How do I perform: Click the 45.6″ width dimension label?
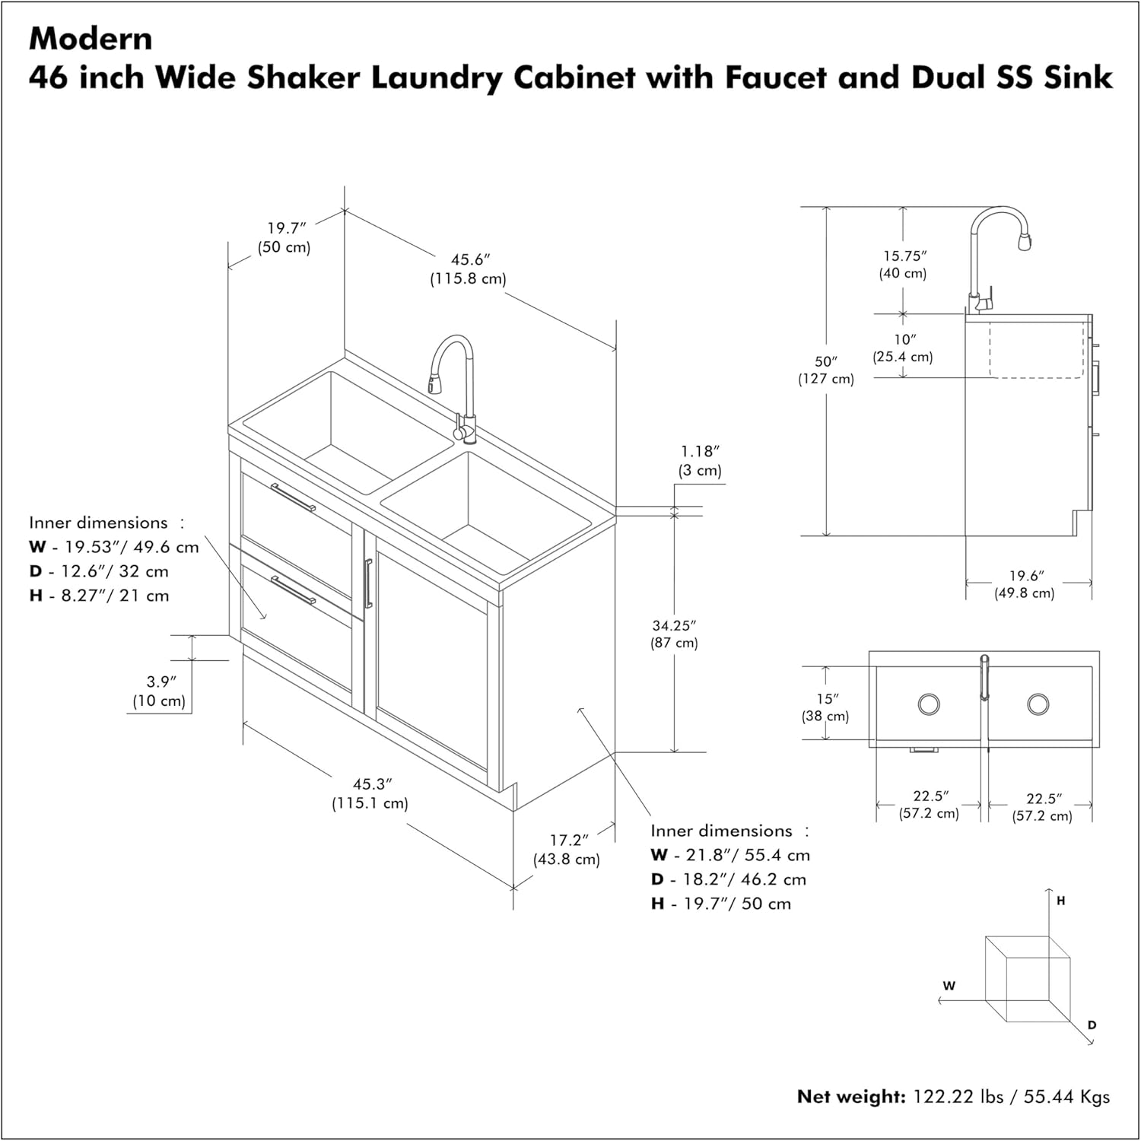click(469, 269)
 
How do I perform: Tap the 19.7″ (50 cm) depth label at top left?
click(284, 237)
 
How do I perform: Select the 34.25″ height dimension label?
click(674, 634)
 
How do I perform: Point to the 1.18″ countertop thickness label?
click(700, 461)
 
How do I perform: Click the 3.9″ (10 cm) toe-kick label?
click(159, 691)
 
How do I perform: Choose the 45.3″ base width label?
click(370, 793)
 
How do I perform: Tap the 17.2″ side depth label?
click(567, 850)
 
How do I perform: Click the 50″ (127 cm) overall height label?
click(826, 370)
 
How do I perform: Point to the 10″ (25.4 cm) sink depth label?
click(903, 348)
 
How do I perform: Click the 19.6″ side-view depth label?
click(1025, 584)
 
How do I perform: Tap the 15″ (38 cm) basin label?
click(825, 707)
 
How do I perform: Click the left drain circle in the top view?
click(929, 704)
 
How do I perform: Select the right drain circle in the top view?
click(1038, 704)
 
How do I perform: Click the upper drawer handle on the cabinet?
click(293, 497)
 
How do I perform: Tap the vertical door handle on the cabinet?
click(368, 583)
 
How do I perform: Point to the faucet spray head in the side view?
click(1024, 242)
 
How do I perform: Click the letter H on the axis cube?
click(1061, 901)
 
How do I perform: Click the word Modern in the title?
click(91, 39)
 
